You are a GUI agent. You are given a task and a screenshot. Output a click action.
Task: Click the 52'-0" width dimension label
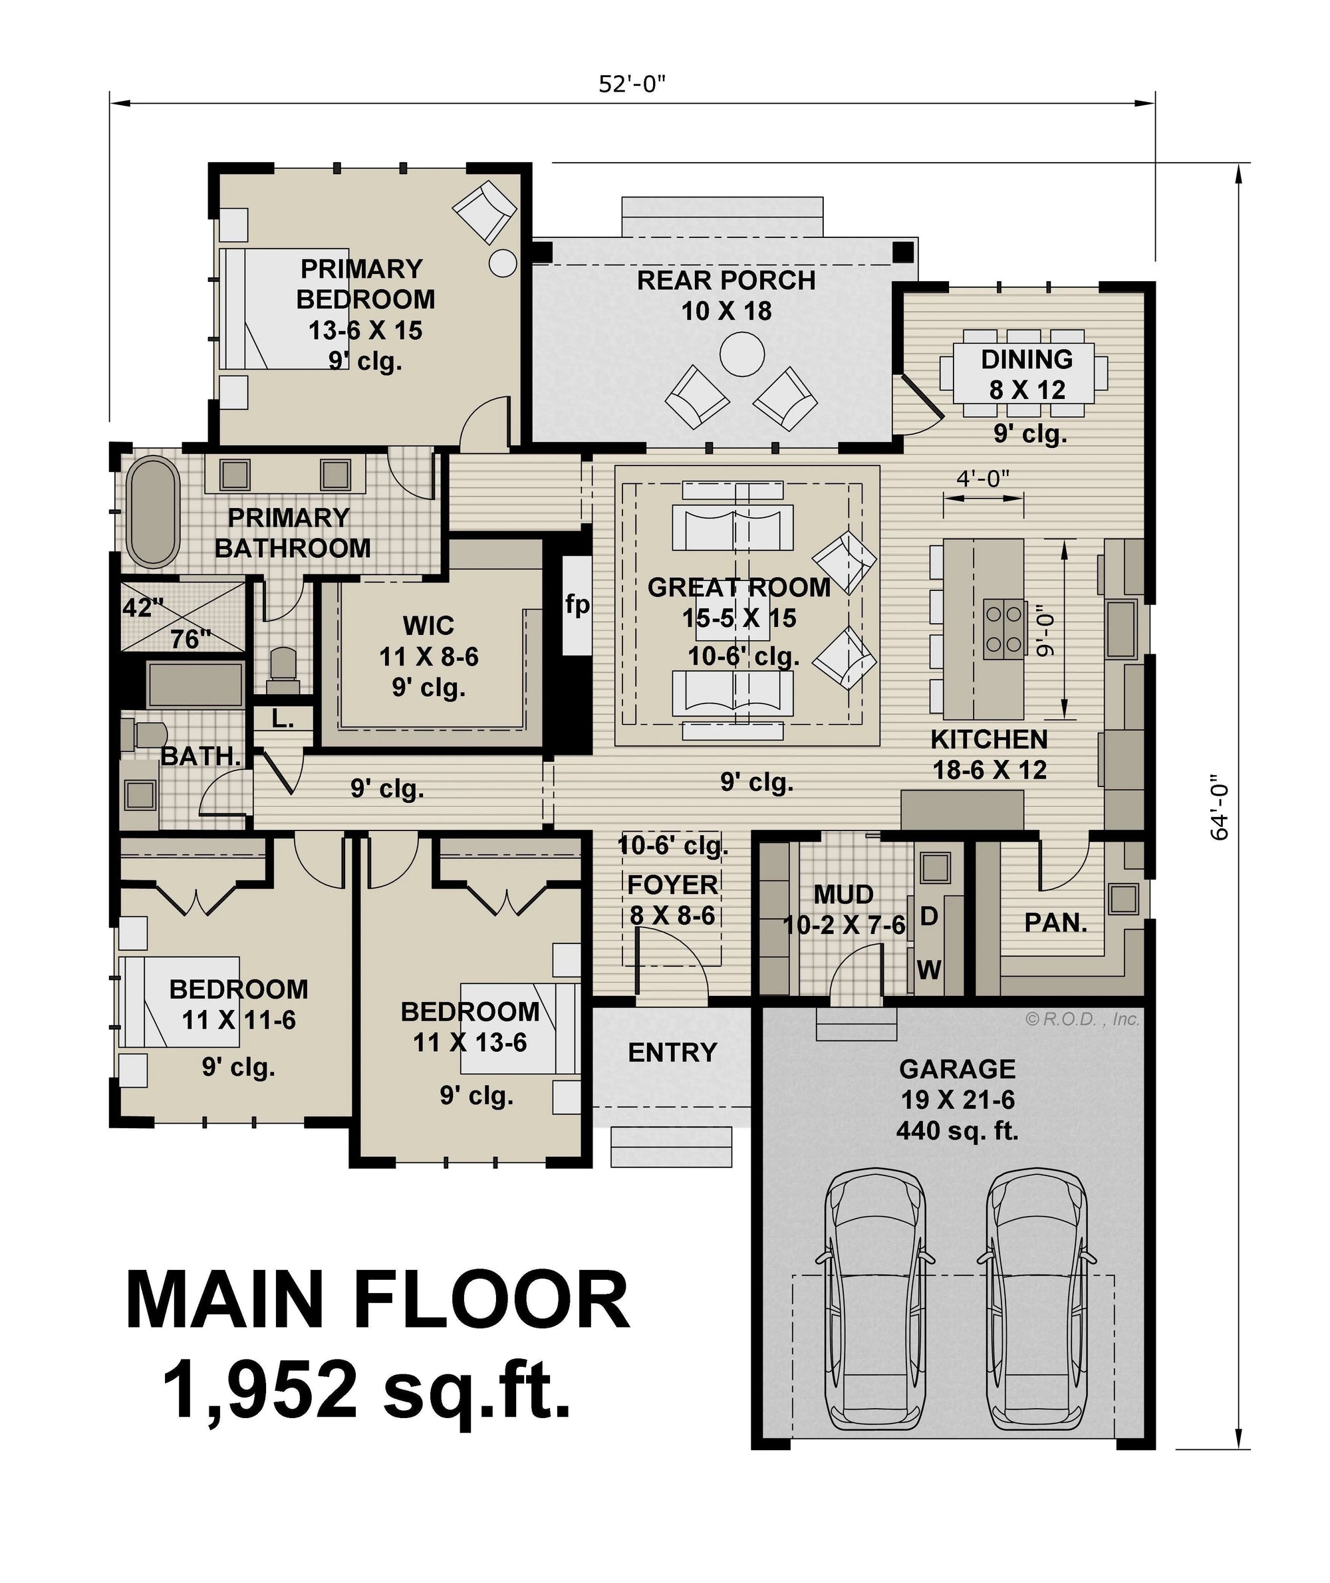632,84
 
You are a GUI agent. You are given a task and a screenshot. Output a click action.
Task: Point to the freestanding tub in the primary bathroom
153,512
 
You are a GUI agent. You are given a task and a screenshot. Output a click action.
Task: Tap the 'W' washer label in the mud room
929,969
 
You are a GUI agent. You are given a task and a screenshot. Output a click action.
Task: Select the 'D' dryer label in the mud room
929,917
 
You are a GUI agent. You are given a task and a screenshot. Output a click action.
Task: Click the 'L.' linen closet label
283,719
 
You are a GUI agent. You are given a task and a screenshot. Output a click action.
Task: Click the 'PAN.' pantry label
1055,922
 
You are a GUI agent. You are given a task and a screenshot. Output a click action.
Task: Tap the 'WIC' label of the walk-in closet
428,626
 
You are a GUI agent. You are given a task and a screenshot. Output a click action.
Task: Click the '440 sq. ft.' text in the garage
958,1131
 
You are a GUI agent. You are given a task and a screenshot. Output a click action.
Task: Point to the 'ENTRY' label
672,1052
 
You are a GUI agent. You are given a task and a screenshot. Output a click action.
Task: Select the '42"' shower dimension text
142,608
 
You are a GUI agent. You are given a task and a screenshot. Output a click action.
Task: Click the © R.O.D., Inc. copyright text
1083,1019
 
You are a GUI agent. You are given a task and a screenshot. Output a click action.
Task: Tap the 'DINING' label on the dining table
1027,360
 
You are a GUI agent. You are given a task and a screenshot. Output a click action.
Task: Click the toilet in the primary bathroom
283,670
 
